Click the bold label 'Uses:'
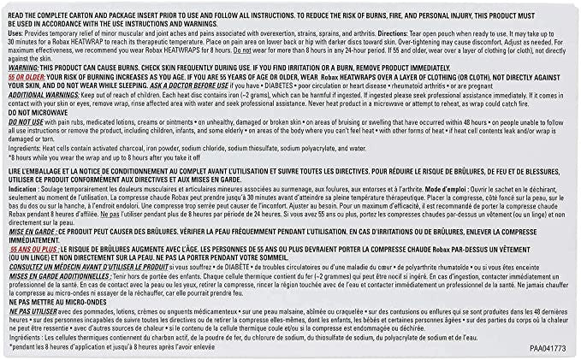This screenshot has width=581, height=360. (x=17, y=30)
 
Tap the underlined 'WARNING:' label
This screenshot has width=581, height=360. (x=26, y=67)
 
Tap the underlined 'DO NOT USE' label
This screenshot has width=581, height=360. (x=27, y=122)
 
